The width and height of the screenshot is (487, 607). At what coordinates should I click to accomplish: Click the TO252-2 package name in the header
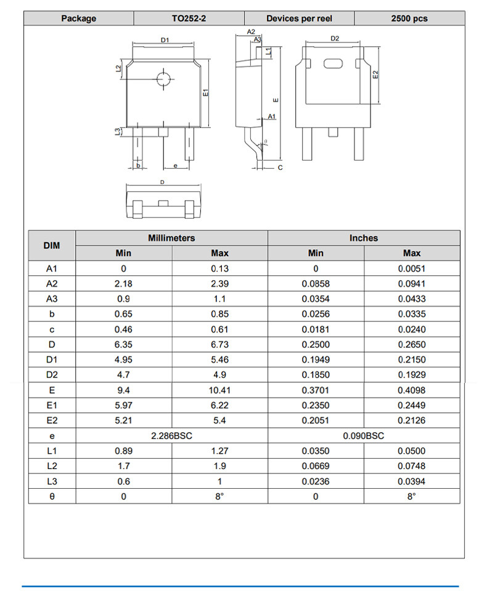point(189,18)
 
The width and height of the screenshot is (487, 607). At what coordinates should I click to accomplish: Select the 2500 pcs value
point(409,18)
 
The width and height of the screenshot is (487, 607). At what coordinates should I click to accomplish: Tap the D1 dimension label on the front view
point(165,40)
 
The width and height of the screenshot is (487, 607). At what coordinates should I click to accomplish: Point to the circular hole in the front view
point(163,79)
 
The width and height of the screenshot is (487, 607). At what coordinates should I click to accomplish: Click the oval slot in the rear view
point(333,63)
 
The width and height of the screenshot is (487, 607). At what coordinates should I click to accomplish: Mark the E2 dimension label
point(375,74)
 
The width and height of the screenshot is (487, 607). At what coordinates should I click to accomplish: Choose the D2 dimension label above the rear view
point(335,38)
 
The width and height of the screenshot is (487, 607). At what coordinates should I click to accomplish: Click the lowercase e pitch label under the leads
point(176,166)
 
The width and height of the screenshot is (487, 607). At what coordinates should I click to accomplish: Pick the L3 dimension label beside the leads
point(118,132)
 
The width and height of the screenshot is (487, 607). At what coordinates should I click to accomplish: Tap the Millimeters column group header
point(171,238)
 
